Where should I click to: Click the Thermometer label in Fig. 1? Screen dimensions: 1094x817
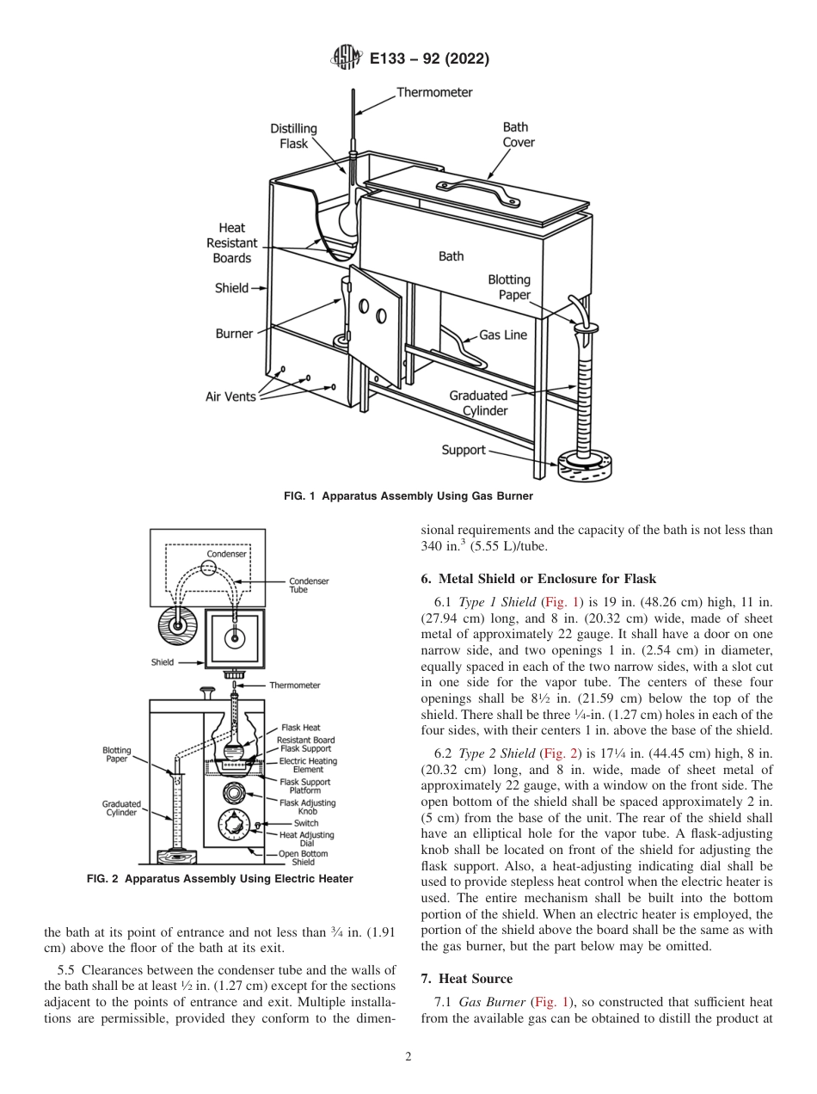pyautogui.click(x=433, y=92)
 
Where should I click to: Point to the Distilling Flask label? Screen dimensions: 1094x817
pyautogui.click(x=294, y=136)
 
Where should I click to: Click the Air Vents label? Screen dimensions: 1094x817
pyautogui.click(x=230, y=396)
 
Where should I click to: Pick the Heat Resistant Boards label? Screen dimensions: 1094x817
pyautogui.click(x=231, y=243)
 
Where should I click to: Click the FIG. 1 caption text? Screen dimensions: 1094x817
pyautogui.click(x=408, y=496)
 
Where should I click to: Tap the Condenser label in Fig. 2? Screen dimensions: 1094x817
pyautogui.click(x=226, y=554)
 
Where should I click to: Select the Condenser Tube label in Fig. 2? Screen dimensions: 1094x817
pyautogui.click(x=309, y=586)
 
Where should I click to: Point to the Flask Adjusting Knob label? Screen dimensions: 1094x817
pyautogui.click(x=307, y=807)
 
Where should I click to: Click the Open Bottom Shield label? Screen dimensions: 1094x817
pyautogui.click(x=307, y=857)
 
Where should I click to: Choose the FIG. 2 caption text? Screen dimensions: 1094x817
pyautogui.click(x=220, y=879)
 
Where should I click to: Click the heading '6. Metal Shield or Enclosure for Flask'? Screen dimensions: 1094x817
pyautogui.click(x=538, y=579)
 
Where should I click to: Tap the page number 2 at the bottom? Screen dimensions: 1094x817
pyautogui.click(x=408, y=1057)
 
